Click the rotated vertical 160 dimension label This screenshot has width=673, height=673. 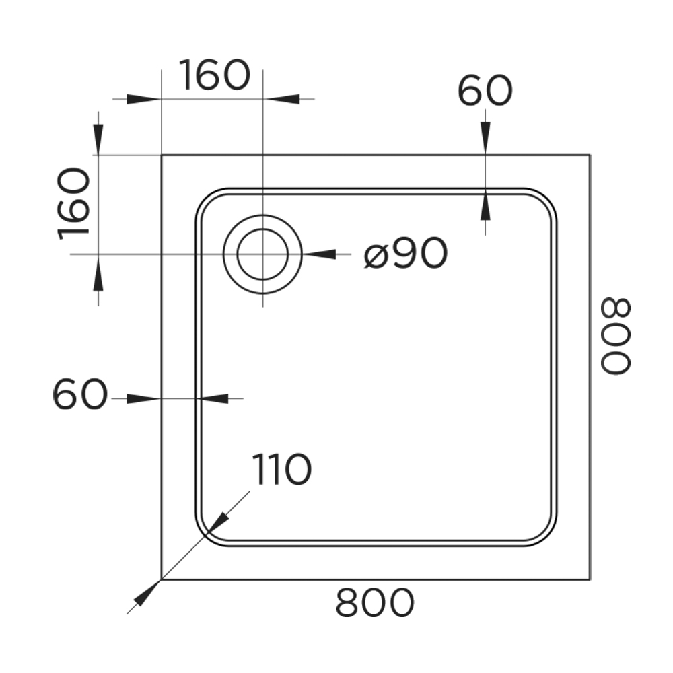pos(74,204)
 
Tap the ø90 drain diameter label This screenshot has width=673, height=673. pos(406,254)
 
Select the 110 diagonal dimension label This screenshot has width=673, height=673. pos(281,469)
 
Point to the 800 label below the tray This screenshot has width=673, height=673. pos(375,602)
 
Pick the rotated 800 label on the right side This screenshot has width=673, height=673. pos(616,336)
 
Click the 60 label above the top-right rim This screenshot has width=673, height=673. pos(485,92)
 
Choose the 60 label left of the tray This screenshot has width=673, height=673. pos(79,394)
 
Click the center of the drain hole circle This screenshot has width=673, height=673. pos(262,254)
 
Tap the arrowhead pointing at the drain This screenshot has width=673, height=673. pos(319,254)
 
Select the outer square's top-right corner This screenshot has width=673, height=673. pos(590,155)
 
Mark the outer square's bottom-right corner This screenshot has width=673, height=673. pos(590,579)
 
